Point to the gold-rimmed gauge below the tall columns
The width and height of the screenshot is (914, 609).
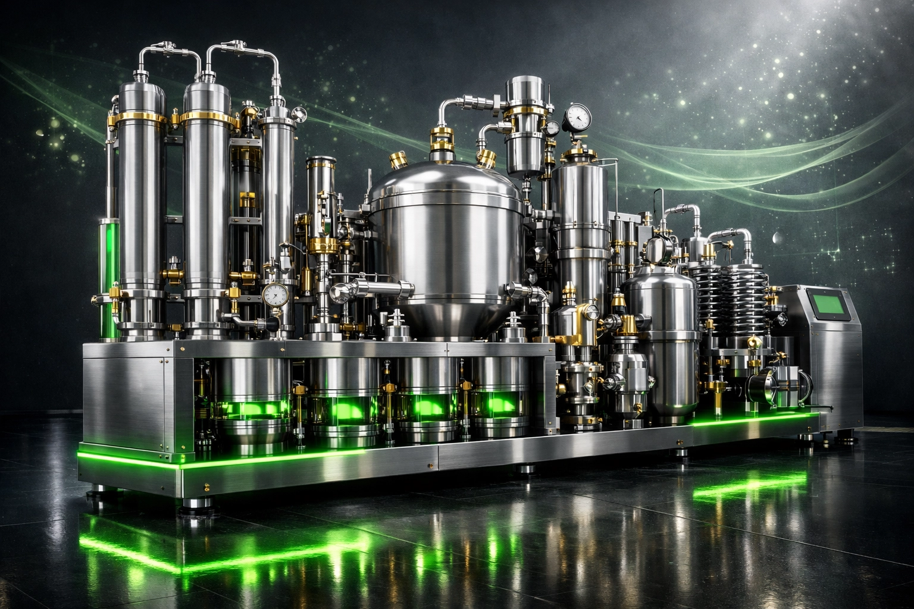[x=275, y=294]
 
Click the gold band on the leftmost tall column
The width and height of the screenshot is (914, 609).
[x=142, y=118]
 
